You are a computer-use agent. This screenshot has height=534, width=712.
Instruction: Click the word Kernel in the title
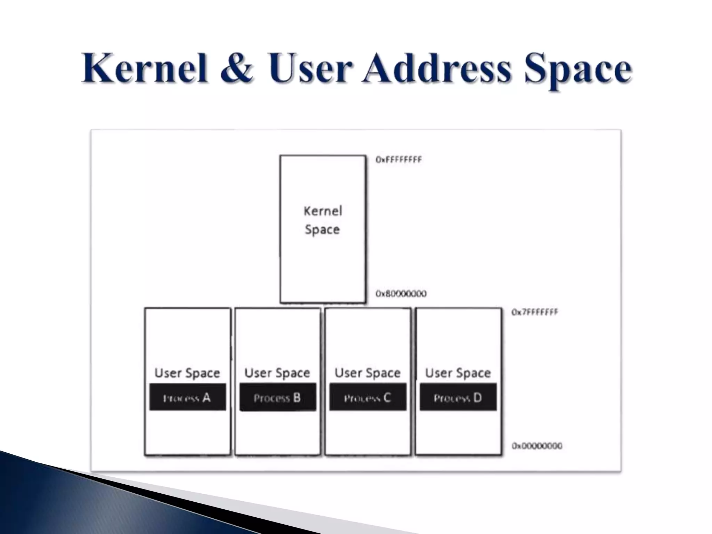[144, 68]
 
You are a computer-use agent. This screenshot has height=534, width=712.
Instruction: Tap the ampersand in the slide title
[236, 68]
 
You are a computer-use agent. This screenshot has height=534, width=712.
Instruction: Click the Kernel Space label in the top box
[323, 220]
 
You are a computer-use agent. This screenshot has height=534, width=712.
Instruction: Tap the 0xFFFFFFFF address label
[398, 160]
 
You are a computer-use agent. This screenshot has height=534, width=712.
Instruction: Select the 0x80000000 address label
[401, 294]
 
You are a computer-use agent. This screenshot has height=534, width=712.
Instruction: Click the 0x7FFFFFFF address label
[534, 312]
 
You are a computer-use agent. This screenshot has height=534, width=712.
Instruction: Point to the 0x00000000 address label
[537, 446]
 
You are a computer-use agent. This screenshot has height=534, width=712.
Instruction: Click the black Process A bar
[188, 397]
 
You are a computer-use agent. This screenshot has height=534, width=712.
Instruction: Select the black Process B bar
[278, 397]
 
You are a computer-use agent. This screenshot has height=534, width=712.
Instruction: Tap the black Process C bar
[368, 397]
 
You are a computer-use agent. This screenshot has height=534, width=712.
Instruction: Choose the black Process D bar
[458, 397]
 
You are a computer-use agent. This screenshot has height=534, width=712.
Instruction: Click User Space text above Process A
[187, 373]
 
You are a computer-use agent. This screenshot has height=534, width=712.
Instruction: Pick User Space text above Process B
[277, 373]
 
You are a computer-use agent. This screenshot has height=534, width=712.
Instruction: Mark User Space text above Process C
[367, 373]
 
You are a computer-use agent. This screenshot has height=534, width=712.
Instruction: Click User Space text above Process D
[458, 373]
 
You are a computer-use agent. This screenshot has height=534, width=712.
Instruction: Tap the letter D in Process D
[477, 397]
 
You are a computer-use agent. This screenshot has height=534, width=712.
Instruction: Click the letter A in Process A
[207, 397]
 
